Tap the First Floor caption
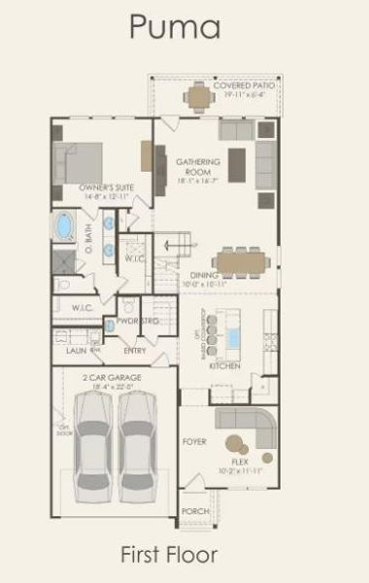click(x=168, y=554)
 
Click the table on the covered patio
click(x=199, y=95)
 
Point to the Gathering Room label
click(x=197, y=166)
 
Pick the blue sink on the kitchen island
click(x=233, y=337)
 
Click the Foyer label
click(x=194, y=441)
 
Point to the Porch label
click(x=194, y=511)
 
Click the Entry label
click(x=135, y=351)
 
